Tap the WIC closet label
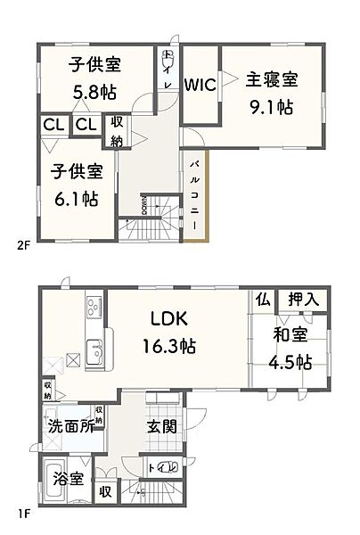click(200, 85)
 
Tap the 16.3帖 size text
click(167, 345)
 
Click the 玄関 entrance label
click(163, 425)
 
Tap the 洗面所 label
click(70, 425)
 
